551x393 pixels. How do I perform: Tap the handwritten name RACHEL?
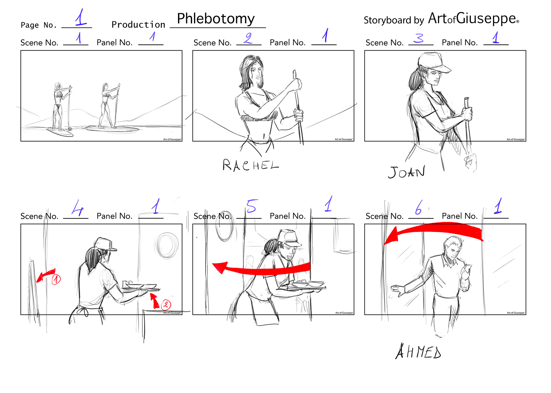pyautogui.click(x=251, y=165)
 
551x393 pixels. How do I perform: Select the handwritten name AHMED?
pyautogui.click(x=418, y=351)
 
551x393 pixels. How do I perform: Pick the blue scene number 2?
pyautogui.click(x=248, y=38)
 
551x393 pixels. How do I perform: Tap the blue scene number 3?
pyautogui.click(x=419, y=38)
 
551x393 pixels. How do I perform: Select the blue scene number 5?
pyautogui.click(x=252, y=206)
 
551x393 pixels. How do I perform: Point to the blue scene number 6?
pyautogui.click(x=419, y=207)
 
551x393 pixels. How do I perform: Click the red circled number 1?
pyautogui.click(x=56, y=279)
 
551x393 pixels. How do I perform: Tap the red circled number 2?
pyautogui.click(x=166, y=304)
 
